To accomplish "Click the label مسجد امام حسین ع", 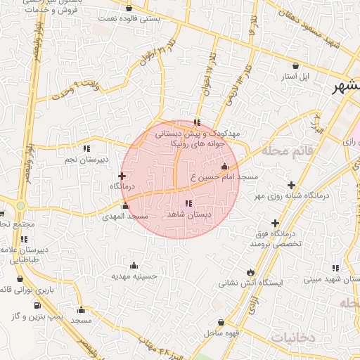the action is click(x=231, y=177).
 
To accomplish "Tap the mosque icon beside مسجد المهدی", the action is click(x=126, y=206).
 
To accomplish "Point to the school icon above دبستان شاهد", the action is click(x=187, y=204).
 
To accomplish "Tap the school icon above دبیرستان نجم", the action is click(x=86, y=149).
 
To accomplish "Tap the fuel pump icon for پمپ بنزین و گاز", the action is click(x=37, y=306).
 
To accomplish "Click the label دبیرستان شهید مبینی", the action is click(x=332, y=279).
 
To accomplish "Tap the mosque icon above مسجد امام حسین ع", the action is click(x=224, y=167).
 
